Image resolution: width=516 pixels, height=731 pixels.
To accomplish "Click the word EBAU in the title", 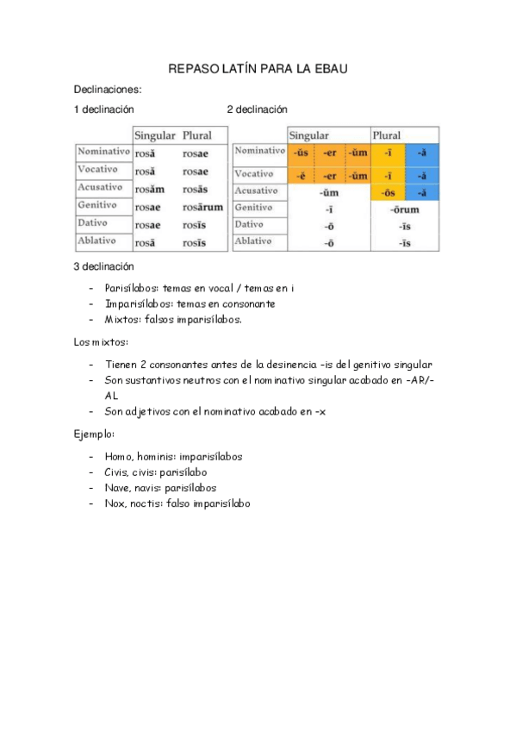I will [x=328, y=68].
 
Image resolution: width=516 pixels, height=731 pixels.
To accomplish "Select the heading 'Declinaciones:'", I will [x=108, y=89].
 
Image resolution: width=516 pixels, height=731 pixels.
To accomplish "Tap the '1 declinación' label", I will [x=103, y=109].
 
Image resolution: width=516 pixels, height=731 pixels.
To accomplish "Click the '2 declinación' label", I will [x=257, y=109].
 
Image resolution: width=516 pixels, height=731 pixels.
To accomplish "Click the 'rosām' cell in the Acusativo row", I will [x=149, y=189].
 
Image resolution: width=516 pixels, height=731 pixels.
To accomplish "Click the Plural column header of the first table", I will [x=197, y=135].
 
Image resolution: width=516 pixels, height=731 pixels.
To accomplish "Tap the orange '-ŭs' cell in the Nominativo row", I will [x=302, y=153].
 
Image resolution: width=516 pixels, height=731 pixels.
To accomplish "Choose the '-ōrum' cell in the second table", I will [x=404, y=209].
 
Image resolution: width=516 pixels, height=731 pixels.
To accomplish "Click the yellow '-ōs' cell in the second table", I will [x=388, y=191].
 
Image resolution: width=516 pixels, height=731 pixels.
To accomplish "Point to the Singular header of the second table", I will [x=308, y=136].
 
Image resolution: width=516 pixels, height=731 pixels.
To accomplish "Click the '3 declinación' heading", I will [x=103, y=267].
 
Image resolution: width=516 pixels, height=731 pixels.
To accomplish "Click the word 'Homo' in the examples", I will [x=118, y=456].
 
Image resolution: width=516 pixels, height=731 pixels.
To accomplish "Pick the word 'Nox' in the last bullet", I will [x=115, y=503].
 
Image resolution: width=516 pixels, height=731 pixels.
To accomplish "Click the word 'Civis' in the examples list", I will [x=119, y=472].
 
